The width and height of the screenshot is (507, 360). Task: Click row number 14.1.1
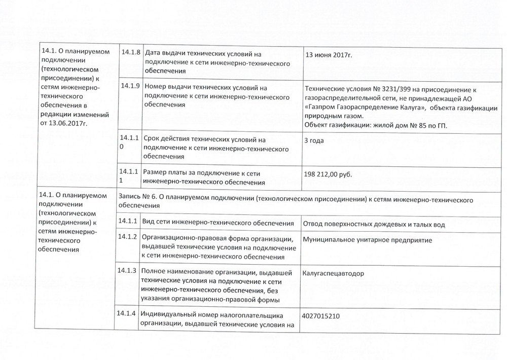pyautogui.click(x=129, y=221)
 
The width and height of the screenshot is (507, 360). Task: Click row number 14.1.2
pyautogui.click(x=129, y=237)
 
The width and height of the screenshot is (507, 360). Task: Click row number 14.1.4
pyautogui.click(x=129, y=312)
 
